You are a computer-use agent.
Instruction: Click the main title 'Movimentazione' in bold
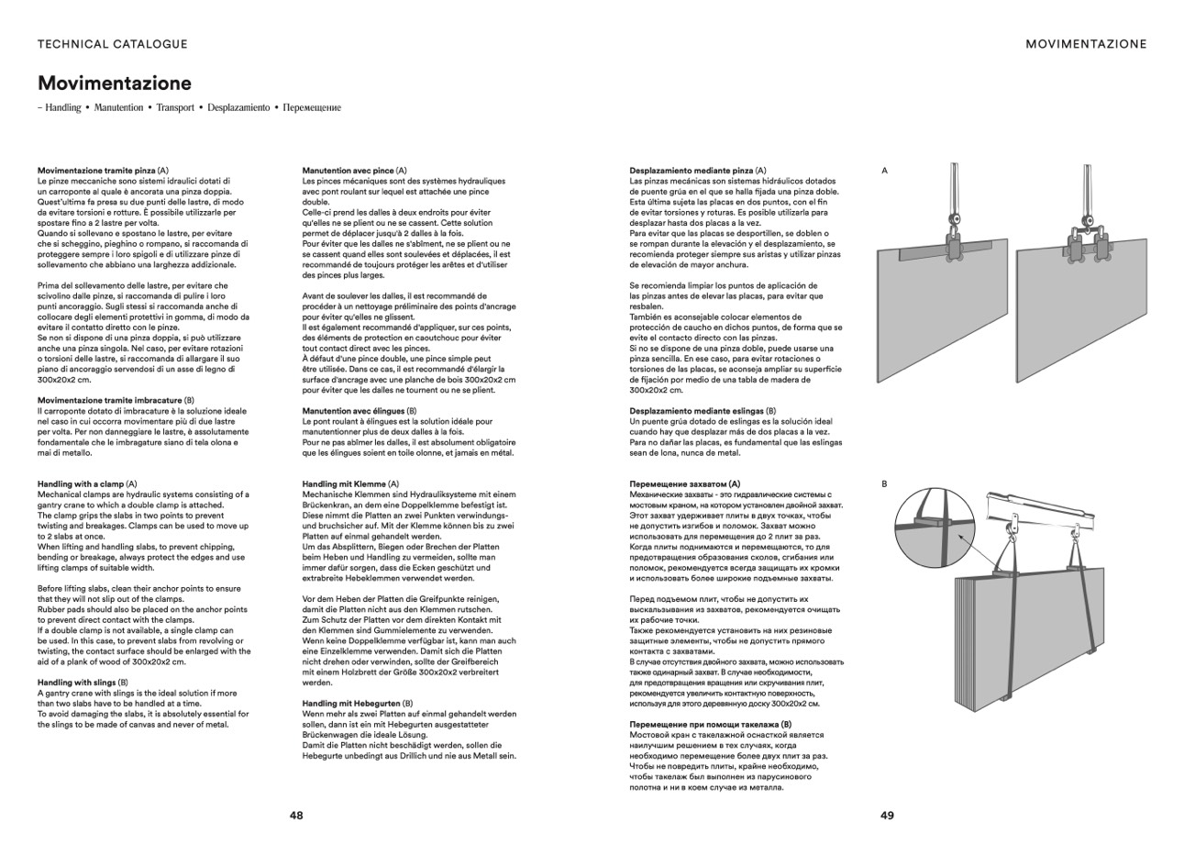115,83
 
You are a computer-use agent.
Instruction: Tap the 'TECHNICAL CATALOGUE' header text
113,44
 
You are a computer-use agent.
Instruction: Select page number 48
296,815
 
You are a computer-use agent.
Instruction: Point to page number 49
887,815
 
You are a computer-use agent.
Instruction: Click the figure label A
884,171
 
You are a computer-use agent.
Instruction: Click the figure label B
884,483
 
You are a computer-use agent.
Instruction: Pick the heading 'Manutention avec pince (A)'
354,171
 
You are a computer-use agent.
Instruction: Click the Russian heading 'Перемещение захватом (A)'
684,483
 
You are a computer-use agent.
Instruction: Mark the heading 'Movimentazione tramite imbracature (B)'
116,400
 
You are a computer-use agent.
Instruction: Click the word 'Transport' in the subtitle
175,107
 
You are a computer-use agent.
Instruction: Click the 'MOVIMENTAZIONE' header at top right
1086,44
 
